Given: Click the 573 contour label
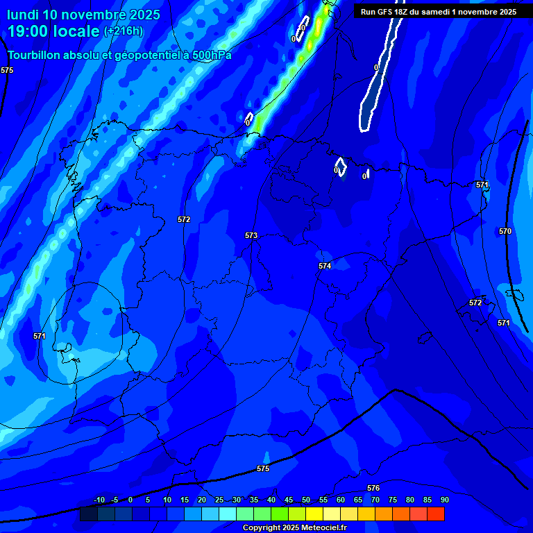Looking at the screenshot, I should click(251, 236).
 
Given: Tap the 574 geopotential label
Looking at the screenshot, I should click(325, 266).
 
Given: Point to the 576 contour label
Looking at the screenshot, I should click(373, 489).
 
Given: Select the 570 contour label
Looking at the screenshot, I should click(505, 231).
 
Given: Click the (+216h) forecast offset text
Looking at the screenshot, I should click(124, 31).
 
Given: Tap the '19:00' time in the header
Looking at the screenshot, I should click(28, 31).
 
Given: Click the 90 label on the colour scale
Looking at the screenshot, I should click(444, 500).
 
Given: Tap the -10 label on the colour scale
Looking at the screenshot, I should click(99, 500).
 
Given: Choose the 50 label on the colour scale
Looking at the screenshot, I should click(306, 500).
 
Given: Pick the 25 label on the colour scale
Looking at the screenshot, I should click(219, 500).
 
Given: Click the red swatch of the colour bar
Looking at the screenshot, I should click(436, 514).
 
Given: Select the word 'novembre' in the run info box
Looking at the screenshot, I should click(473, 12).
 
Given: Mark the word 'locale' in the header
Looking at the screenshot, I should click(76, 31).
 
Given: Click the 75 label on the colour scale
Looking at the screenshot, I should click(393, 500).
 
